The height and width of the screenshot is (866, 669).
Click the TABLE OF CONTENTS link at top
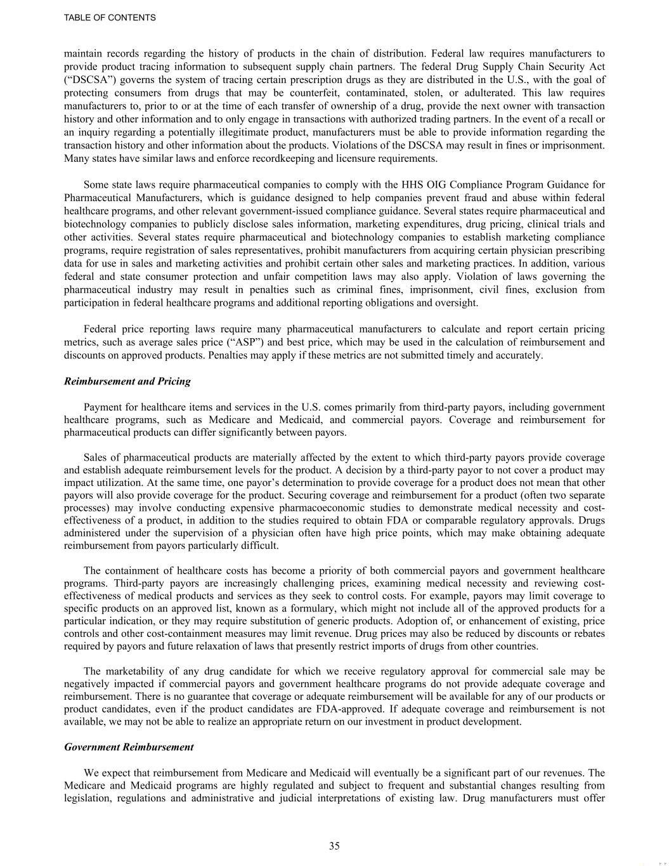tap(110, 18)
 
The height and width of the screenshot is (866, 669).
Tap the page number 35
tap(334, 845)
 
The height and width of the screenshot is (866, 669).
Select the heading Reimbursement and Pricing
tap(127, 381)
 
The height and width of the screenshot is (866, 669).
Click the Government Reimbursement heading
tap(129, 747)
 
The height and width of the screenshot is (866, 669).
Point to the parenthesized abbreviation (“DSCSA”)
tap(88, 80)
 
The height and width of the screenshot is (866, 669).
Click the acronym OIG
tap(435, 185)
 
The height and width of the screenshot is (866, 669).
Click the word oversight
tap(457, 303)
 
